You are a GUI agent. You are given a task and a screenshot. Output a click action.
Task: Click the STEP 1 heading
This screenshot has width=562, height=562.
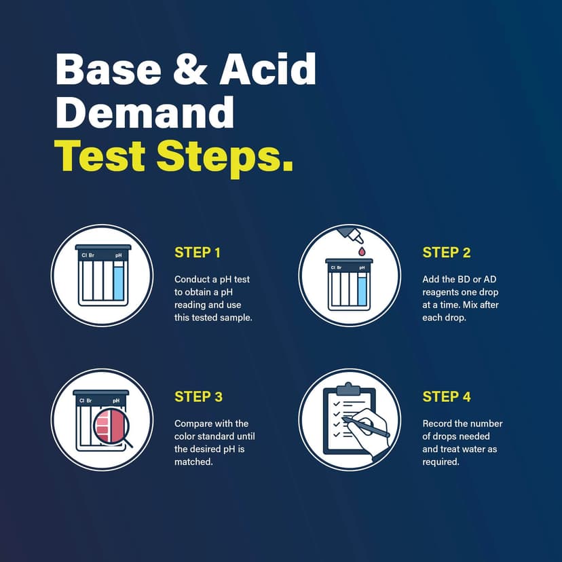(198, 252)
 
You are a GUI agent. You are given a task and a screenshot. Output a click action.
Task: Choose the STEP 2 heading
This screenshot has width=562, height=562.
(446, 252)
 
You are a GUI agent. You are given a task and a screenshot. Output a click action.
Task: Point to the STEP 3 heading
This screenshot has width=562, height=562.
(198, 396)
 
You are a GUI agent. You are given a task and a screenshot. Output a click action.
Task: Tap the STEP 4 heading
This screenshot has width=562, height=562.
(446, 396)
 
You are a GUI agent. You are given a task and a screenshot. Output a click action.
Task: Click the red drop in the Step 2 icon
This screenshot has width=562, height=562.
(361, 251)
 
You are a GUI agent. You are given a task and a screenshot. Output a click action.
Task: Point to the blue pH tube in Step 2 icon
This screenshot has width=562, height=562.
(362, 289)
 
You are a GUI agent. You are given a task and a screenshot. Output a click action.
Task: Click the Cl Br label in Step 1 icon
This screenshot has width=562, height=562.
(87, 256)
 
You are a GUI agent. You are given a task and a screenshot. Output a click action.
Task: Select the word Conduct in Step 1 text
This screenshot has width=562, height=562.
(193, 279)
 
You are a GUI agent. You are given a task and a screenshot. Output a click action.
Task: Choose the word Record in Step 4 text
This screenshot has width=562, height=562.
(438, 424)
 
